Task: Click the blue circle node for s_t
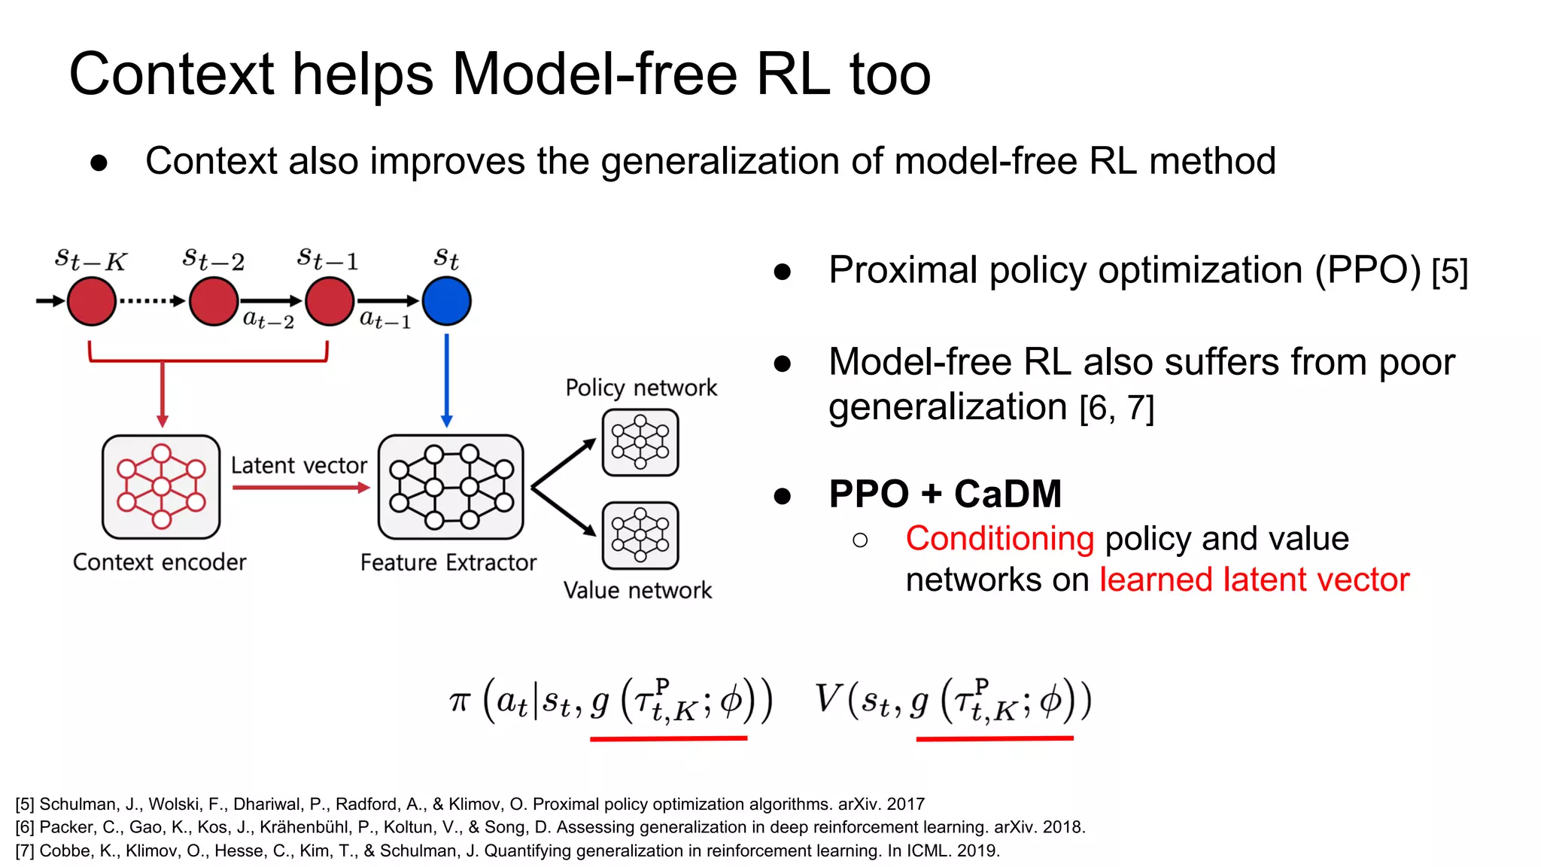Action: pos(446,301)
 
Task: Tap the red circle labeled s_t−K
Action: pos(92,301)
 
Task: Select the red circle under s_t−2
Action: pos(214,301)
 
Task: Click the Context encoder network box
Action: pos(161,487)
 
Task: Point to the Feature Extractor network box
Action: pos(451,487)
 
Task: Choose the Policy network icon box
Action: pos(640,443)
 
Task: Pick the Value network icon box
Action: pos(640,536)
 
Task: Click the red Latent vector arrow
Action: pos(300,488)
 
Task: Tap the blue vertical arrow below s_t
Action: pos(446,380)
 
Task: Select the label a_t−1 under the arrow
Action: pos(385,320)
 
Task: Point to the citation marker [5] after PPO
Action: pos(1449,272)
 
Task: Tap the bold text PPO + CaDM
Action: pos(945,494)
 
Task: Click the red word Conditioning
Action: pos(999,539)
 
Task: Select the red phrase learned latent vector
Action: pos(1254,580)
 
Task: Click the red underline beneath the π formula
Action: pos(668,739)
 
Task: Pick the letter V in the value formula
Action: pos(828,698)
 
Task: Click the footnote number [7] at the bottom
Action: pos(25,851)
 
